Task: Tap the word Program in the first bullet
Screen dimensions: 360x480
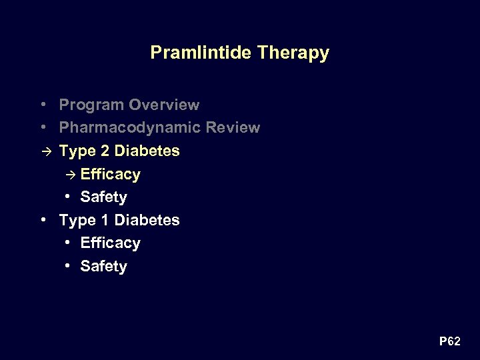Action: [91, 105]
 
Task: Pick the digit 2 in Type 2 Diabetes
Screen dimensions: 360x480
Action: [105, 151]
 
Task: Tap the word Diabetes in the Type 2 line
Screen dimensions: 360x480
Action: [147, 151]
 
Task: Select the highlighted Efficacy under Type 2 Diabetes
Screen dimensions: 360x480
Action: [110, 175]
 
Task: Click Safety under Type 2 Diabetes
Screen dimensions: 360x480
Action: [103, 197]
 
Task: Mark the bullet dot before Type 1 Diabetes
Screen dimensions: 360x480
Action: [43, 219]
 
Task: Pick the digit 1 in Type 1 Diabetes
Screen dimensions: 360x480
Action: [105, 220]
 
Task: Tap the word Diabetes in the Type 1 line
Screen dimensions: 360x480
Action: [147, 220]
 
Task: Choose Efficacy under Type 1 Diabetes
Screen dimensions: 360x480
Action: [110, 243]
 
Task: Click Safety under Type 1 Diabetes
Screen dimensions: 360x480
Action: [103, 267]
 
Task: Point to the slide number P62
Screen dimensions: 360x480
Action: [449, 342]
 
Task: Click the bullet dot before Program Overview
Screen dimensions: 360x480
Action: [43, 105]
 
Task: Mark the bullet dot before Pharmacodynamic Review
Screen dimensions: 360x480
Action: [43, 127]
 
